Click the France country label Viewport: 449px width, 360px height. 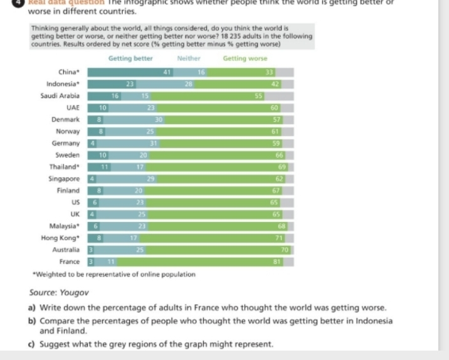tap(69, 262)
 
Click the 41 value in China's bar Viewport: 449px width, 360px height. tap(167, 72)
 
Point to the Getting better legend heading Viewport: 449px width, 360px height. tap(130, 58)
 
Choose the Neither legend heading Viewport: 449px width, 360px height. tap(189, 58)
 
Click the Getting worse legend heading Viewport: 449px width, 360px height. tap(245, 58)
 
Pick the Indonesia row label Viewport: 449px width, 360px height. tap(63, 84)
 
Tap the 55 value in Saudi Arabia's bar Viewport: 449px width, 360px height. tap(258, 96)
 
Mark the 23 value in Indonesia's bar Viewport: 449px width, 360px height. tap(130, 84)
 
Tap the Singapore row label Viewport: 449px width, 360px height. tap(64, 179)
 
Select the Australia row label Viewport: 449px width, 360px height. tap(65, 250)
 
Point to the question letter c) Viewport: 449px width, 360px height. tap(33, 344)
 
